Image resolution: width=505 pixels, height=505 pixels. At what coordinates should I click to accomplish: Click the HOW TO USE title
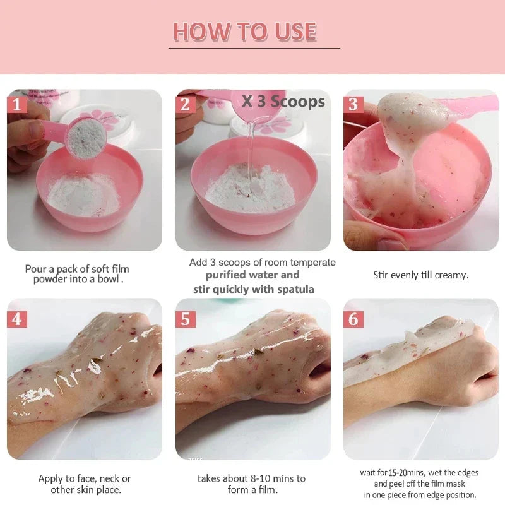pyautogui.click(x=245, y=32)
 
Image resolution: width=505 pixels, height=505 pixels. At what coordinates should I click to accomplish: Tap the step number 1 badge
pyautogui.click(x=16, y=104)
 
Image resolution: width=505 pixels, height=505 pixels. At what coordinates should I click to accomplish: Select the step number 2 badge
pyautogui.click(x=185, y=104)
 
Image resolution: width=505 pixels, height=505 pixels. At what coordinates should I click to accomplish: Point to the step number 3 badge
pyautogui.click(x=353, y=104)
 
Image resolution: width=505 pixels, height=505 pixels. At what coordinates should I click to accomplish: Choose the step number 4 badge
pyautogui.click(x=16, y=319)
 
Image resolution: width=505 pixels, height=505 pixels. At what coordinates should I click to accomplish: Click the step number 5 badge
pyautogui.click(x=185, y=319)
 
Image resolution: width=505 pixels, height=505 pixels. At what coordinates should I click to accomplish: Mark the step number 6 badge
pyautogui.click(x=353, y=319)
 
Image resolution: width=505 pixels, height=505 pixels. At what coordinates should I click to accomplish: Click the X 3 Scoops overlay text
pyautogui.click(x=283, y=101)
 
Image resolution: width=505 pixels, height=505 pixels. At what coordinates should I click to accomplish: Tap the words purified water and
pyautogui.click(x=252, y=275)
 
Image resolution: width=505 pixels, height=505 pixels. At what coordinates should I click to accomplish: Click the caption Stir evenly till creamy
pyautogui.click(x=421, y=275)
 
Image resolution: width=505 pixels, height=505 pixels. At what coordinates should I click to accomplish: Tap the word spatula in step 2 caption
pyautogui.click(x=296, y=289)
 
